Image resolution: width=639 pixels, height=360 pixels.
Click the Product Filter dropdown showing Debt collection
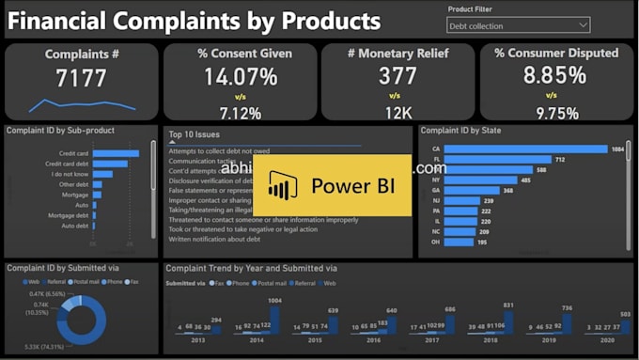click(519, 25)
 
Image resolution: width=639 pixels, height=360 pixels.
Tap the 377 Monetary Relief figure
click(397, 75)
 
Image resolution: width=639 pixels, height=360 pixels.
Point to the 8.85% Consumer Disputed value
click(556, 75)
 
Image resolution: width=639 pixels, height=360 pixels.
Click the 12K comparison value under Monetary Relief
click(397, 113)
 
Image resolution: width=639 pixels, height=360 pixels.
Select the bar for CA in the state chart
click(526, 149)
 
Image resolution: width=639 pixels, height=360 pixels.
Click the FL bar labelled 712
click(498, 160)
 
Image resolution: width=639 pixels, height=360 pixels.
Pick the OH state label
click(435, 243)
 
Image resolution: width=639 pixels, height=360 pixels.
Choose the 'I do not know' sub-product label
click(71, 174)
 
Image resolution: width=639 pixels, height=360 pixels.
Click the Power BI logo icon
click(282, 186)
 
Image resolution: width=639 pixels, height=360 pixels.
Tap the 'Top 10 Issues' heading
click(195, 134)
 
